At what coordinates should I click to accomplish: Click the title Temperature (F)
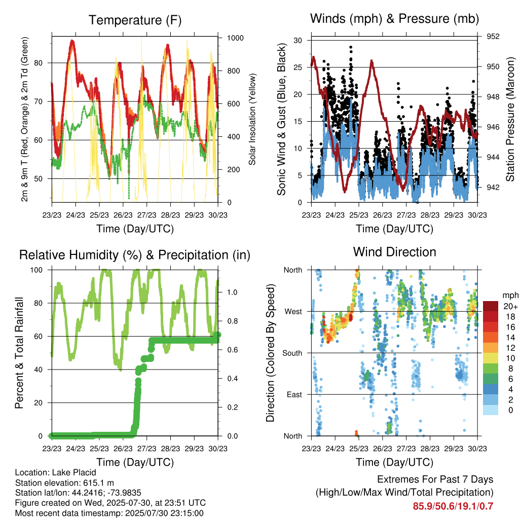pos(135,20)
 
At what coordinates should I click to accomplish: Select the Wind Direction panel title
pos(394,252)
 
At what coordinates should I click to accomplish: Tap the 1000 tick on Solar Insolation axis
pos(235,38)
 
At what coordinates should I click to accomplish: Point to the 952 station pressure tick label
pos(493,36)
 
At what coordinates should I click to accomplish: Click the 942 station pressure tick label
pos(493,188)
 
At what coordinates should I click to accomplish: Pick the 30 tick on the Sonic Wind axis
pos(298,41)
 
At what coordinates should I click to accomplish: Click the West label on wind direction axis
pos(293,312)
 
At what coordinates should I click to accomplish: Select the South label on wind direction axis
pos(292,353)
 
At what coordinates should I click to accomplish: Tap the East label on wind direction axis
pos(294,394)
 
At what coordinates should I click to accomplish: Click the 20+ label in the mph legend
pos(510,306)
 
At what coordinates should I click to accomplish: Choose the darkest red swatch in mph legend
pos(491,306)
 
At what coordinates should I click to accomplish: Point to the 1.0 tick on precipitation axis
pos(232,292)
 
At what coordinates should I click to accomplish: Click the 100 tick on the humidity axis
pos(36,270)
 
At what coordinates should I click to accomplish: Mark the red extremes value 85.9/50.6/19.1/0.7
pos(453,506)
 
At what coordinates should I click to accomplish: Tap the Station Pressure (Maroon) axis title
pos(510,119)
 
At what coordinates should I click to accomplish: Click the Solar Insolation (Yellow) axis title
pos(252,119)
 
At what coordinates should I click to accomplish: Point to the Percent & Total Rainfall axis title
pos(19,353)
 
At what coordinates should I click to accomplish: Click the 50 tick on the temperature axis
pos(39,179)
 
